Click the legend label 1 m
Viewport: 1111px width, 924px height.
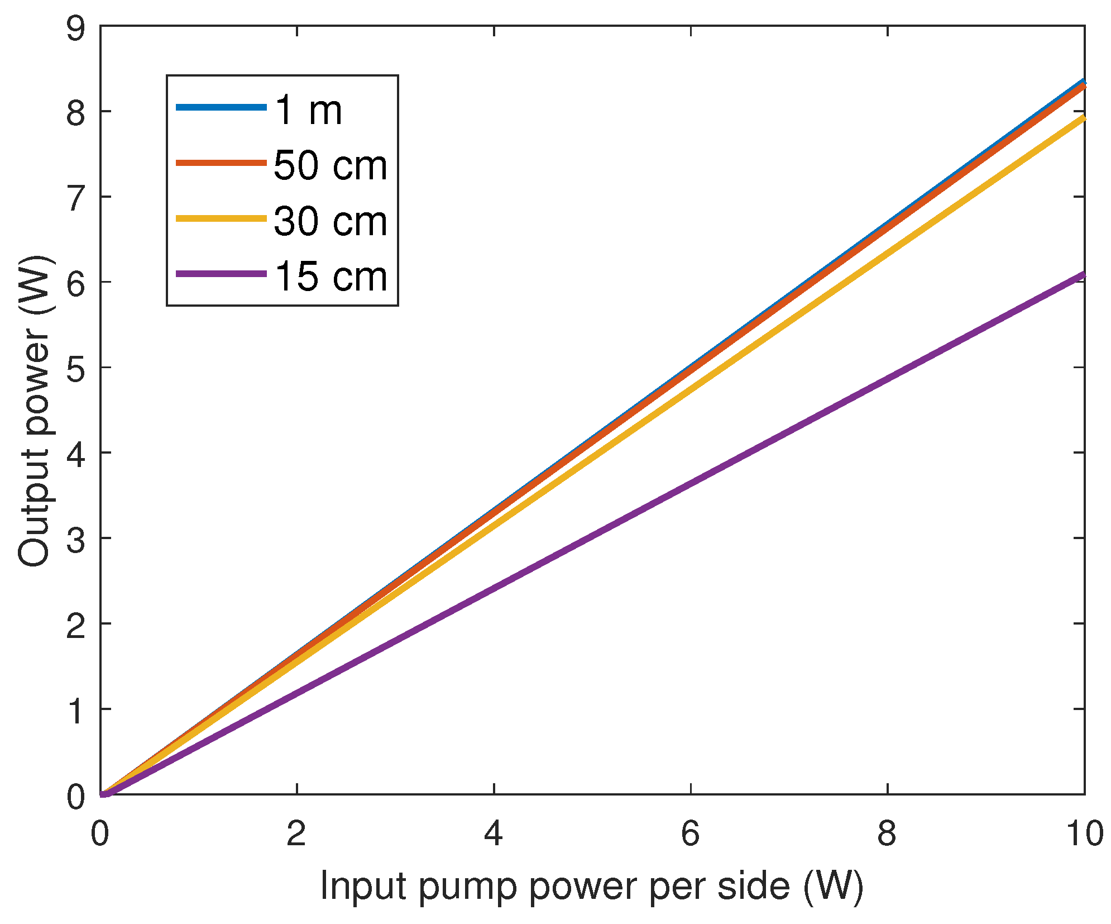(308, 109)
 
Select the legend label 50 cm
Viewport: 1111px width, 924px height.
(330, 165)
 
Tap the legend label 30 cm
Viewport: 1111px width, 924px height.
(330, 221)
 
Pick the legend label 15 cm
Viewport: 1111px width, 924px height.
(330, 276)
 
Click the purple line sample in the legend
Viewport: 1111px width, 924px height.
(221, 274)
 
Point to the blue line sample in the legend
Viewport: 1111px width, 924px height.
(221, 107)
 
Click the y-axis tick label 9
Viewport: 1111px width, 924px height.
(76, 28)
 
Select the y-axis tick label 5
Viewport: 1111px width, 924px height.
(76, 368)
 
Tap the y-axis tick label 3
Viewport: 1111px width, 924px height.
(76, 539)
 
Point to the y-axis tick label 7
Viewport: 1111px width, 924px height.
(76, 198)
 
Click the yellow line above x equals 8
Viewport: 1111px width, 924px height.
(887, 254)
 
